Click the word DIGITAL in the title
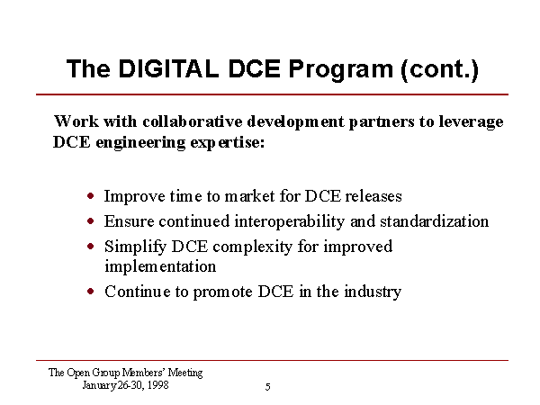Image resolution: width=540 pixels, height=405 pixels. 169,68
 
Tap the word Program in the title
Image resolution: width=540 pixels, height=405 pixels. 341,70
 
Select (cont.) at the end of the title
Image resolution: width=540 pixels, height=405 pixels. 440,70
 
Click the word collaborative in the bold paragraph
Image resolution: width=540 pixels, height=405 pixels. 193,121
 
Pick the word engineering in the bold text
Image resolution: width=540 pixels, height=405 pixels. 140,143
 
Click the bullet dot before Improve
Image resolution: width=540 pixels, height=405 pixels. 91,196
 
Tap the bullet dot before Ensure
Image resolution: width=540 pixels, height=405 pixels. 91,221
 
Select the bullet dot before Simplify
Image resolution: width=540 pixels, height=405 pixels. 91,247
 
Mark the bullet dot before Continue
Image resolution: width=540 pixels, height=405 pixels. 91,292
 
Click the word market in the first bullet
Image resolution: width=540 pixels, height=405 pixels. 250,196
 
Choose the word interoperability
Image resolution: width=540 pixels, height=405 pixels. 290,222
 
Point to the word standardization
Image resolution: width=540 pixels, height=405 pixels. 435,221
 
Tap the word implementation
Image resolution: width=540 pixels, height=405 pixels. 160,267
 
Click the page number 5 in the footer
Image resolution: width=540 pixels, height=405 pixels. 268,387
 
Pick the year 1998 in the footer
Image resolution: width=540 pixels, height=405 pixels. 158,384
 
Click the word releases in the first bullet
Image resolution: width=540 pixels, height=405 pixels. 373,196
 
